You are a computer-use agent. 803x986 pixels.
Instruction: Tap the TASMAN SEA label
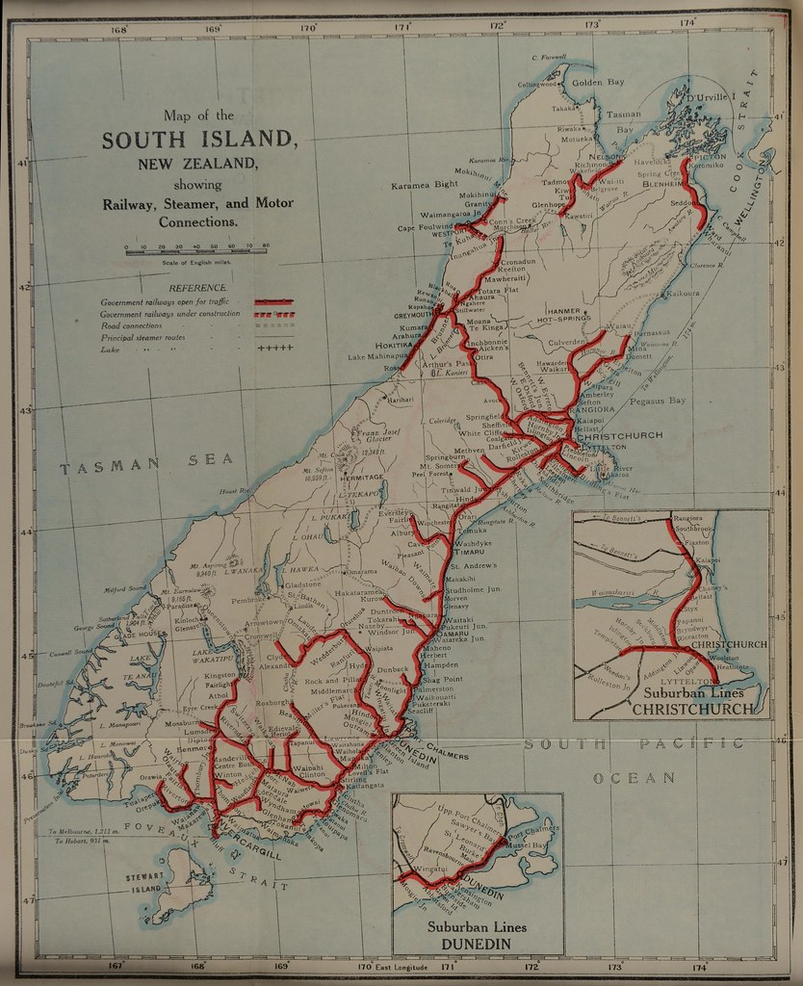pos(147,466)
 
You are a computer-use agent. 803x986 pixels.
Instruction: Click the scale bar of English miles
pos(196,248)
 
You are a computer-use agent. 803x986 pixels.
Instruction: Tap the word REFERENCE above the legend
pos(198,288)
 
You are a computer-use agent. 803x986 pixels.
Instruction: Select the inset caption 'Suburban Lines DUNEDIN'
pos(476,933)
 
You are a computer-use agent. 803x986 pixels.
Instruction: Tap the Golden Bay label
pos(598,83)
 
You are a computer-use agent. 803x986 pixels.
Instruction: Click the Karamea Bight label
pos(425,183)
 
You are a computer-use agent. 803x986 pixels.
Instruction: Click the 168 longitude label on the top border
pos(119,29)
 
